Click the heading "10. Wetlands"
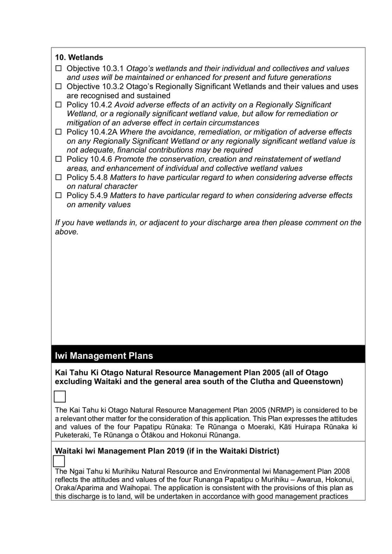[x=79, y=57]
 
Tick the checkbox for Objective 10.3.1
[x=58, y=69]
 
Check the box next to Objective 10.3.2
[x=58, y=87]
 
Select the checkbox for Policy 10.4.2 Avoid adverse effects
[x=58, y=105]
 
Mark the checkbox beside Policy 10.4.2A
[x=58, y=132]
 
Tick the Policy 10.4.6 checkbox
[x=58, y=159]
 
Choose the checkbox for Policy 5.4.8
[x=58, y=177]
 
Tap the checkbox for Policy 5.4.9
[x=58, y=196]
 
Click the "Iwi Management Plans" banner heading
[x=104, y=355]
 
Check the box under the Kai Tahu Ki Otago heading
[x=59, y=397]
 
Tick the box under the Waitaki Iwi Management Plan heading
[x=59, y=461]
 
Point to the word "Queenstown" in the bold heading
[x=318, y=382]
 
